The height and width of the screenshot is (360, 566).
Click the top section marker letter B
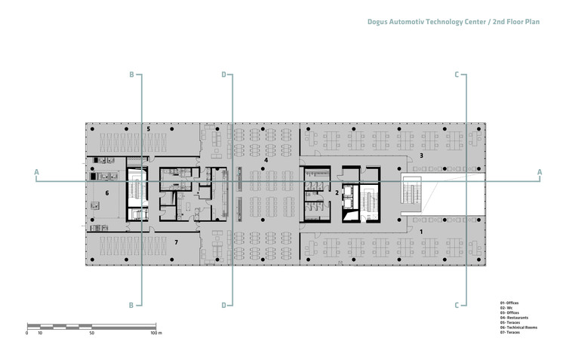131,75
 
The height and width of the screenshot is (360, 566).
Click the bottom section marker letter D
223,305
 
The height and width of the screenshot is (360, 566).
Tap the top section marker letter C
457,75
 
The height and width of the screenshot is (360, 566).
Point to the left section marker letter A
36,173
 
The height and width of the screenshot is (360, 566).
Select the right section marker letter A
539,173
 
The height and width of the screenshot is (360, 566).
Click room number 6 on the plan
107,193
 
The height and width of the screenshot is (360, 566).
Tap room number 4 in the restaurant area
266,161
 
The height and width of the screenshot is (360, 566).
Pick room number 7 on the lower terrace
176,242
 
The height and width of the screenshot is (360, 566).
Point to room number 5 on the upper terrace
149,129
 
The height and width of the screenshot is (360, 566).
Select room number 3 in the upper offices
421,155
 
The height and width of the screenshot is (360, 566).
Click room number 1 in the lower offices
421,230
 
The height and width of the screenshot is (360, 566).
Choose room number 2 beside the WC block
337,192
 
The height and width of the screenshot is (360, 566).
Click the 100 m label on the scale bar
156,332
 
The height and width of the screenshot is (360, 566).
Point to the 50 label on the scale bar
91,332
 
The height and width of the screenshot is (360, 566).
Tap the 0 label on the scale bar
26,332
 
